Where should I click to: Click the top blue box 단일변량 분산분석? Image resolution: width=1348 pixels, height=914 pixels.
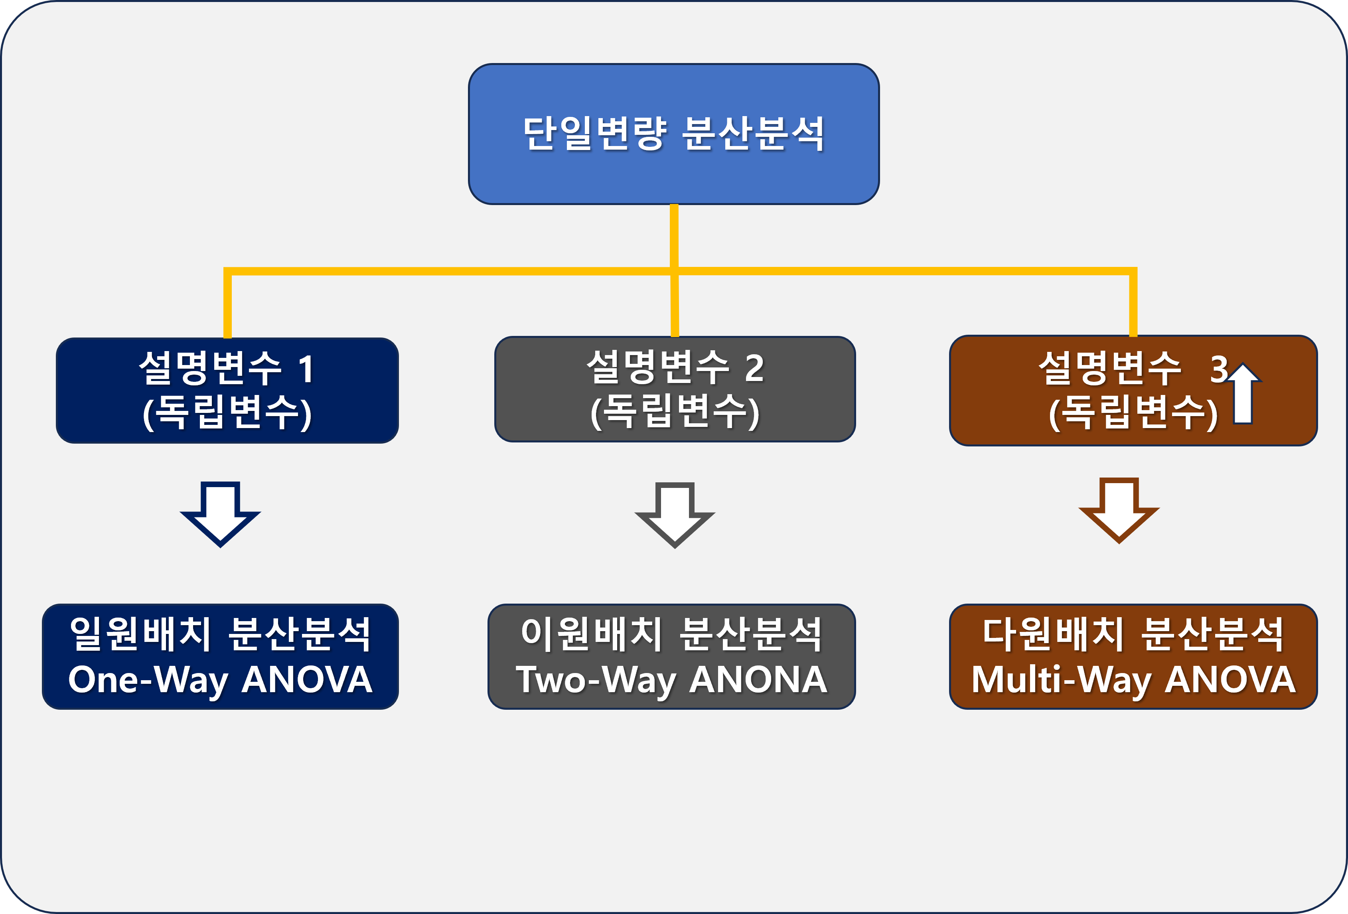(x=673, y=134)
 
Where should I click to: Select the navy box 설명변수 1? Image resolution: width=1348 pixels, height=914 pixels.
(x=227, y=390)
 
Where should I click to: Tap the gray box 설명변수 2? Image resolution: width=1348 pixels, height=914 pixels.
(x=675, y=389)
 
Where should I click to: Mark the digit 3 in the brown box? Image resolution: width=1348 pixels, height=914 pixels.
(x=1218, y=369)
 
